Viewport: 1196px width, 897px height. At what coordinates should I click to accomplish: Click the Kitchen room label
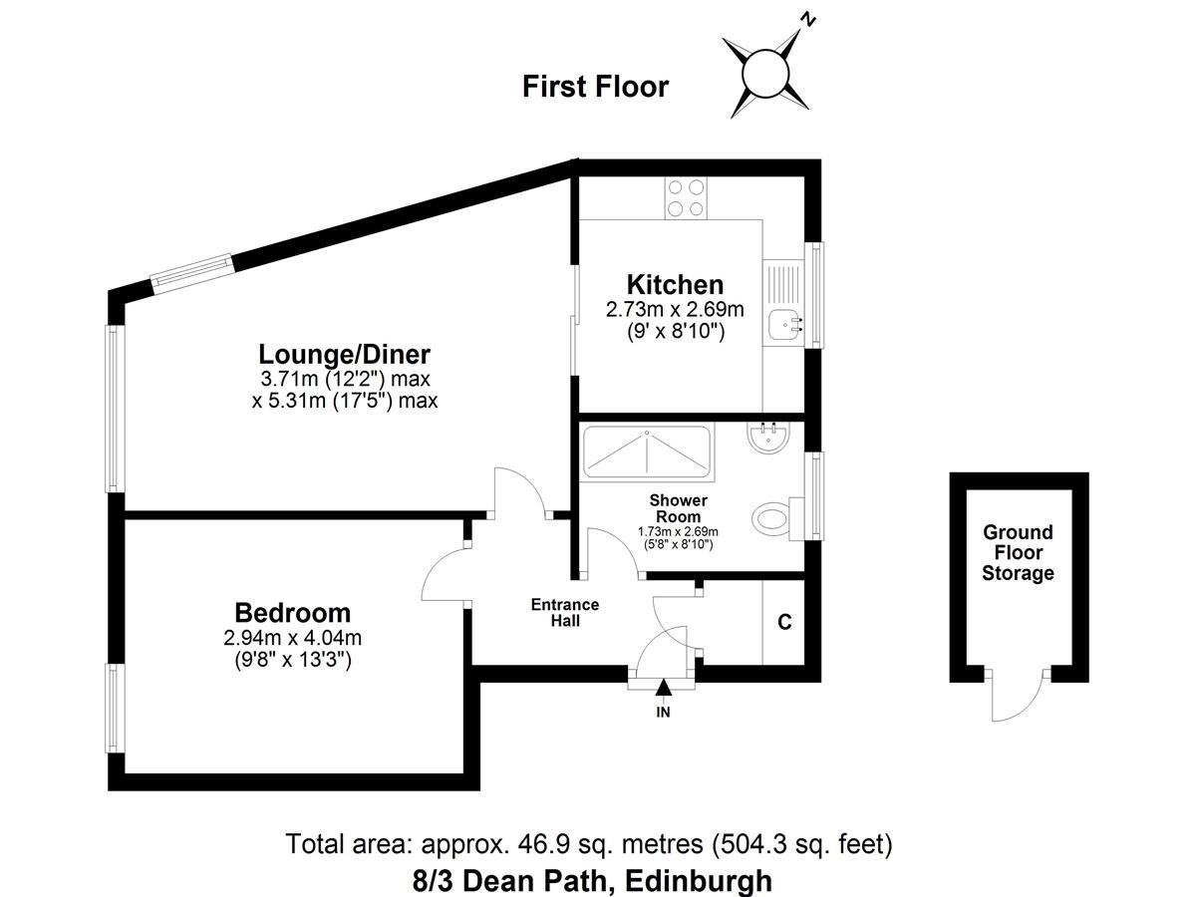coord(675,285)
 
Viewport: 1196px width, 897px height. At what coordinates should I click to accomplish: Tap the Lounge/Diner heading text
coord(345,355)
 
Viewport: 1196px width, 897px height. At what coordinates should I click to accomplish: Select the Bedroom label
coord(293,613)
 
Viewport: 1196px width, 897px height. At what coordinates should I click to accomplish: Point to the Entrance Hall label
coord(565,612)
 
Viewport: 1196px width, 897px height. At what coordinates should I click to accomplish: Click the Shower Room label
coord(678,508)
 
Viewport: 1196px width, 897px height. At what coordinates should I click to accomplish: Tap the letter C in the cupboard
coord(784,621)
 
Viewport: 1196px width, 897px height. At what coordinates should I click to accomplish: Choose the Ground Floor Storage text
coord(1018,552)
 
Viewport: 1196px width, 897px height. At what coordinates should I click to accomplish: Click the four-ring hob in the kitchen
coord(686,198)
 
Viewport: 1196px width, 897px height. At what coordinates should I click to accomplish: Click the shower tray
coord(647,452)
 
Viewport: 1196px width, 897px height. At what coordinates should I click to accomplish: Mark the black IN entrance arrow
coord(663,688)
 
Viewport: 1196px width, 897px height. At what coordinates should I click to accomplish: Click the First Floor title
coord(596,87)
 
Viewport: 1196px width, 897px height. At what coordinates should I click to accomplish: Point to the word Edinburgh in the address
coord(699,881)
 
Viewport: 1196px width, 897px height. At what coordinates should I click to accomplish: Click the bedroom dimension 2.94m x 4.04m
coord(293,638)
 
